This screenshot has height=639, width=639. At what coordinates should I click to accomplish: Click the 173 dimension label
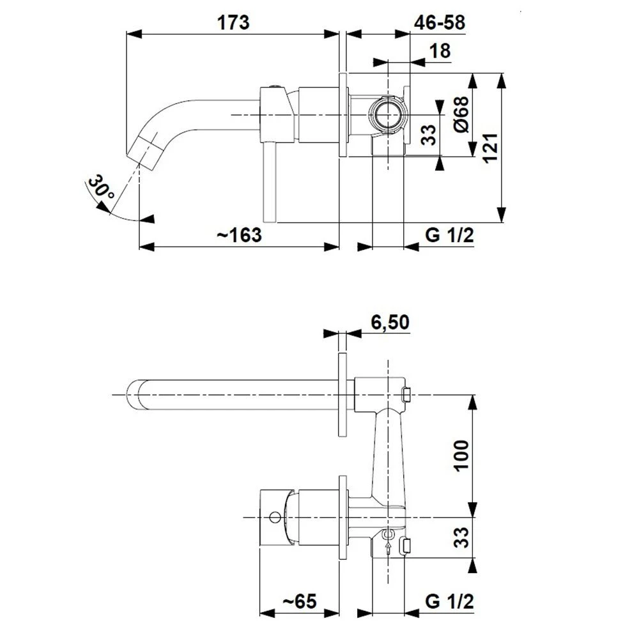[233, 22]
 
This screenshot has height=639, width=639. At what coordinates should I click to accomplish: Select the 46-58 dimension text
[440, 22]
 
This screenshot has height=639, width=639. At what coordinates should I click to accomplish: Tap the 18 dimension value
[440, 51]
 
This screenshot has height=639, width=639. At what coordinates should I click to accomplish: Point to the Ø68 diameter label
[462, 114]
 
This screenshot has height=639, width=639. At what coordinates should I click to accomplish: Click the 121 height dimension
[491, 148]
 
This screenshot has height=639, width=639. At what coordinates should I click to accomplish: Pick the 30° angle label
[100, 188]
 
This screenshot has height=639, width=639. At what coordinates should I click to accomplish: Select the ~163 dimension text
[239, 235]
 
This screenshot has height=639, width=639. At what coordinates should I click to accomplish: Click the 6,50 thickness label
[390, 322]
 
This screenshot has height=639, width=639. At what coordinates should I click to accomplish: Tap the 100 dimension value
[461, 456]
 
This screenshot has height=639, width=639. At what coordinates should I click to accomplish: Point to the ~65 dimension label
[300, 601]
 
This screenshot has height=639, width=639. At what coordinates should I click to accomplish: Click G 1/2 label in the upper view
[449, 235]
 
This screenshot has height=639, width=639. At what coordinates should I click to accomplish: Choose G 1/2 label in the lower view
[449, 601]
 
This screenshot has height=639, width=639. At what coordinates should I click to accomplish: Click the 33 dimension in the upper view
[429, 135]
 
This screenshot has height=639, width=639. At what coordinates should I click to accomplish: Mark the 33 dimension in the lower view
[461, 537]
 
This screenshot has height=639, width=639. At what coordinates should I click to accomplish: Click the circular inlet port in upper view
[387, 114]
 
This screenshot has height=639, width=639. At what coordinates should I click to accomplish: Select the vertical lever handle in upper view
[270, 182]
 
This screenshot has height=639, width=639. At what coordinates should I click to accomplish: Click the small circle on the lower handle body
[275, 518]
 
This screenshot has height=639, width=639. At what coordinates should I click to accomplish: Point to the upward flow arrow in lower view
[389, 548]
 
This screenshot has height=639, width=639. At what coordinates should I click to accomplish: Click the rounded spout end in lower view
[134, 395]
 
